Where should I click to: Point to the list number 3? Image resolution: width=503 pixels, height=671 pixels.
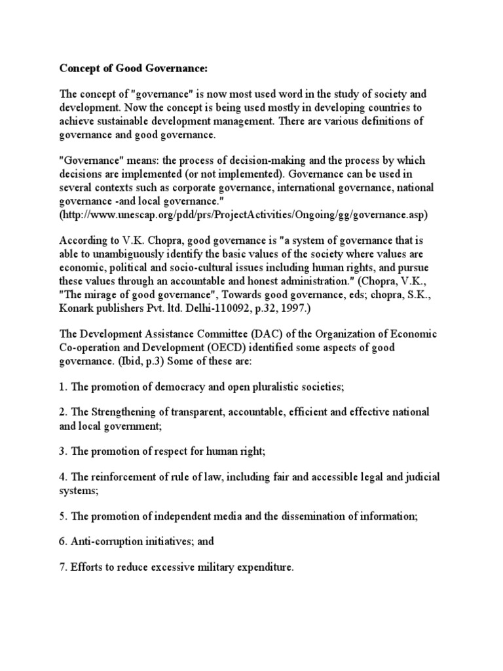[63, 451]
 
